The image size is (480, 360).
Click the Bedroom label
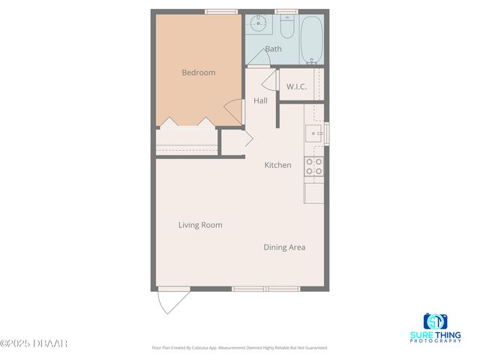199,73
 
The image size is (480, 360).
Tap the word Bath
273,49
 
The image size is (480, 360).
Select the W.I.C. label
296,86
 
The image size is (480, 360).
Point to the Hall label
260,100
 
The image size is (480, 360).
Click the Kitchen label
277,165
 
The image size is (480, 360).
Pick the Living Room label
200,225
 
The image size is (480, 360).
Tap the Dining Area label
284,247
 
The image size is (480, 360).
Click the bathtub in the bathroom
311,39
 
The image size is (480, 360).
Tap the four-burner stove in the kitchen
313,166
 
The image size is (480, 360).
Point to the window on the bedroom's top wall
216,11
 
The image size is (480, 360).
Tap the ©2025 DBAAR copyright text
34,343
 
